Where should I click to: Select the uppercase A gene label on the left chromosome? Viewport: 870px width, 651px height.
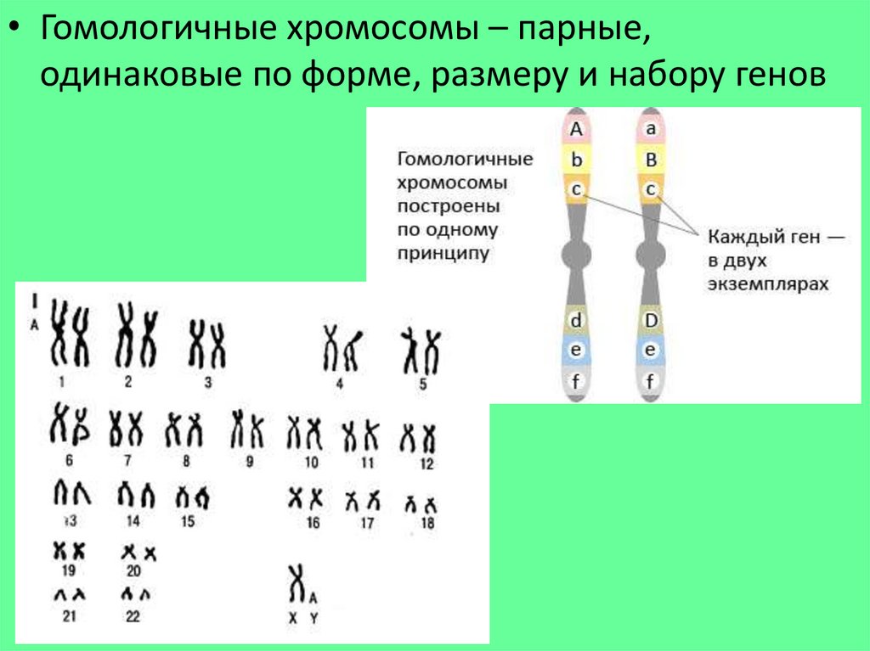tap(576, 129)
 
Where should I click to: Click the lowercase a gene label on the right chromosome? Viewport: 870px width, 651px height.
tap(651, 129)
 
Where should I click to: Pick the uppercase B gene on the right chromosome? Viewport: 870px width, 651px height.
tap(651, 159)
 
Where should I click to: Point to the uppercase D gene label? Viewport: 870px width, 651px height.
tap(651, 320)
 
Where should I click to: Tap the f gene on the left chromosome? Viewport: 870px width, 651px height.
tap(576, 379)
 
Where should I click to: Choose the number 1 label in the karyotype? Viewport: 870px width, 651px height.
tap(62, 382)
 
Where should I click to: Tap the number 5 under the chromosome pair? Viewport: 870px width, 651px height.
tap(422, 384)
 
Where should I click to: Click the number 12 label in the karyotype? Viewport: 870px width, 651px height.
tap(427, 464)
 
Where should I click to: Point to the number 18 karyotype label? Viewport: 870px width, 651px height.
tap(427, 525)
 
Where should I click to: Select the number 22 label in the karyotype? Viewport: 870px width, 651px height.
tap(133, 617)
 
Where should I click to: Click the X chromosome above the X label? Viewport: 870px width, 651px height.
tap(297, 585)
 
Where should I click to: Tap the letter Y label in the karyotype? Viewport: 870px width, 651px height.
tap(314, 620)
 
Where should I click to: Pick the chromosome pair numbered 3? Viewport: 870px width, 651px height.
tap(207, 344)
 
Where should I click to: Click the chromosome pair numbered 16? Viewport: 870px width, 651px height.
tap(305, 497)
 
